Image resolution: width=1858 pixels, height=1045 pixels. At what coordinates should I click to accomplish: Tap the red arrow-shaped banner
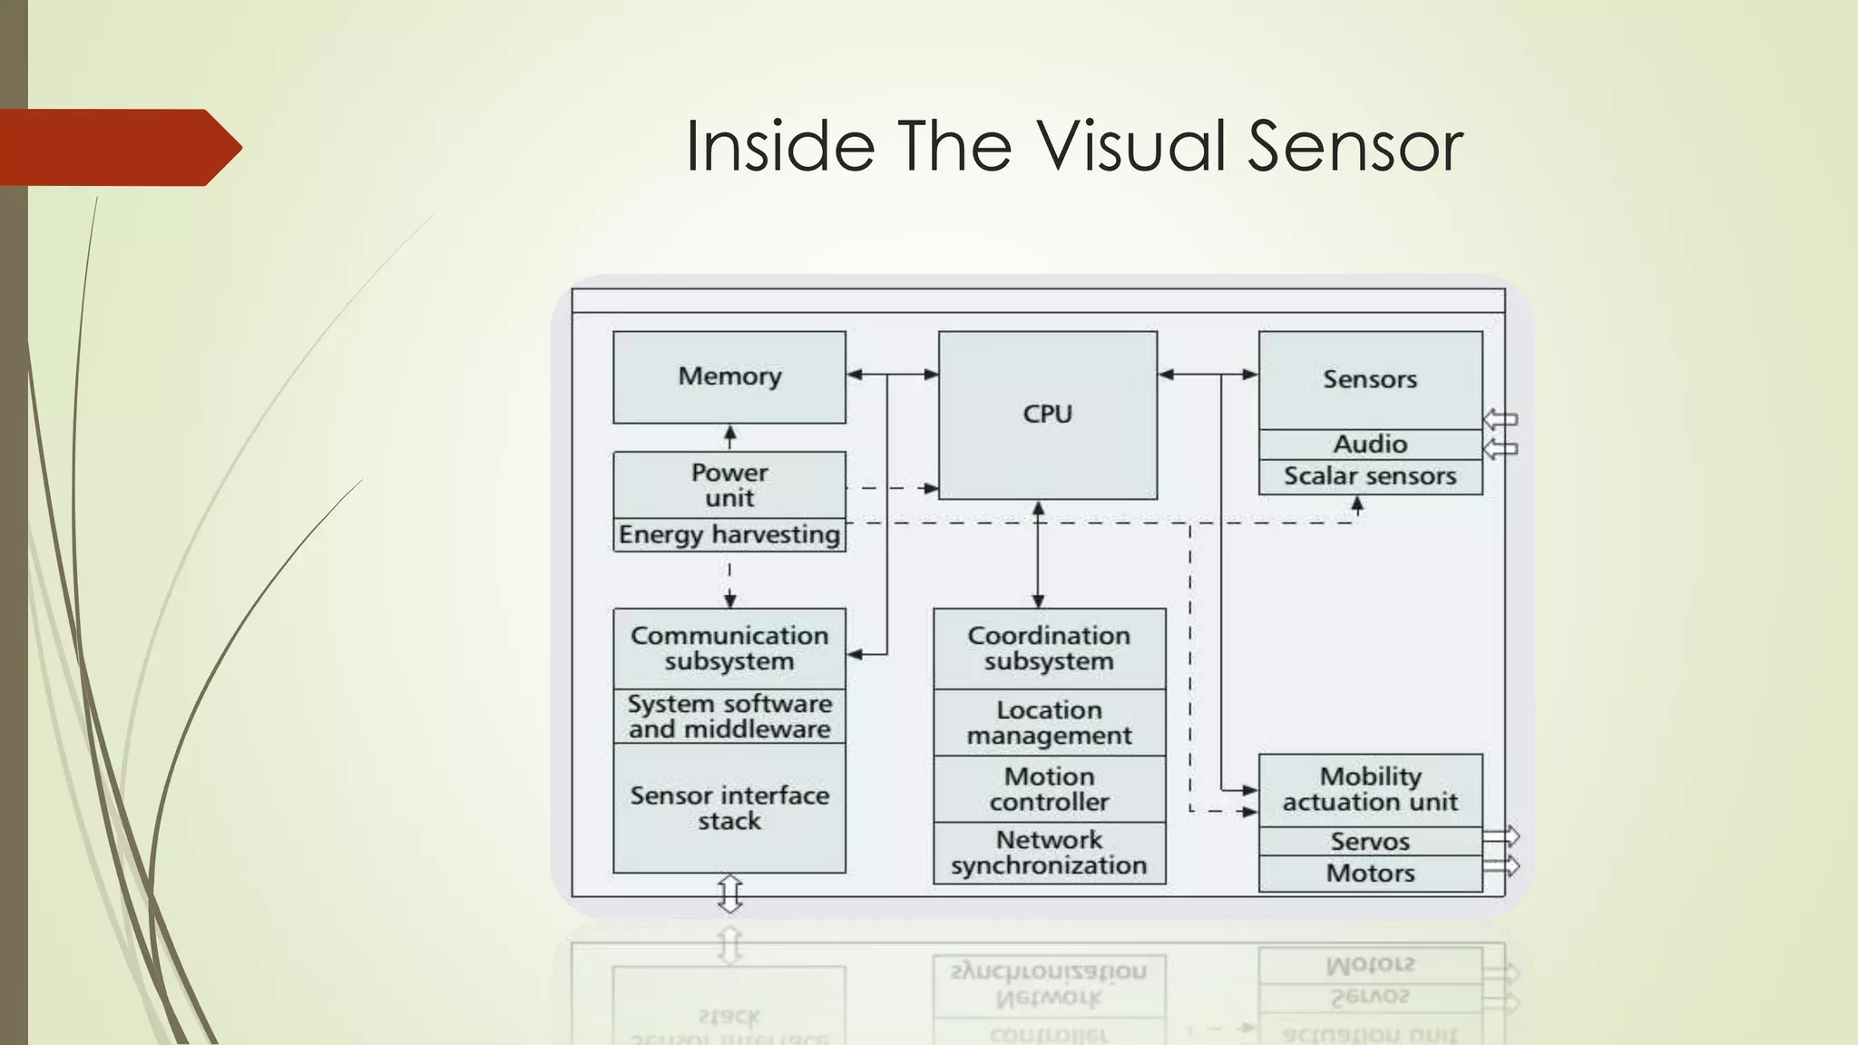pos(118,148)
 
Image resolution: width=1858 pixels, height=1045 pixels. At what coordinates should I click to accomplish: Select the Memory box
pos(729,376)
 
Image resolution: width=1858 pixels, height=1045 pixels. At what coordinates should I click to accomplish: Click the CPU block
pos(1048,415)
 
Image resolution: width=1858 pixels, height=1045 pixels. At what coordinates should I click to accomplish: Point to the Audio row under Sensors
pos(1370,444)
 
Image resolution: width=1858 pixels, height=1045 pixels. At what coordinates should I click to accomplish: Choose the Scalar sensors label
pos(1370,476)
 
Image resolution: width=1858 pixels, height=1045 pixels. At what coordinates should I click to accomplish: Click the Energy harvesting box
pos(729,534)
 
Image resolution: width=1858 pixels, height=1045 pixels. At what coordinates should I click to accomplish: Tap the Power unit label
pos(729,485)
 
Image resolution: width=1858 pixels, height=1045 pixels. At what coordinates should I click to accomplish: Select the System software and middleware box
pos(729,717)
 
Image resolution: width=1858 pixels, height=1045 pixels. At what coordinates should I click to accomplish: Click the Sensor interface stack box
pos(729,808)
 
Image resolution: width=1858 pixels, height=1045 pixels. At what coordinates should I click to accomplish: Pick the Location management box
pos(1049,723)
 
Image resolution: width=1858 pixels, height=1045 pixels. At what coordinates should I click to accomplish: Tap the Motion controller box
pos(1049,789)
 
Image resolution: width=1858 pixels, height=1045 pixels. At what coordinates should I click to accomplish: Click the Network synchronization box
pos(1049,853)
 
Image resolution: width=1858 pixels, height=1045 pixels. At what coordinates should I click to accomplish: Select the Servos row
pos(1370,842)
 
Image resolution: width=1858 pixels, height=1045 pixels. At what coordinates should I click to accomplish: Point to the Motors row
pos(1370,874)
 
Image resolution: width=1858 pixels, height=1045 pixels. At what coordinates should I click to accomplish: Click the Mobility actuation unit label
pos(1370,789)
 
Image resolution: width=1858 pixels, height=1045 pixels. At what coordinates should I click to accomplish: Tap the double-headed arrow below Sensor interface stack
pos(730,894)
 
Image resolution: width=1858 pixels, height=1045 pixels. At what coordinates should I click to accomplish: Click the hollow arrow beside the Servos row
pos(1501,835)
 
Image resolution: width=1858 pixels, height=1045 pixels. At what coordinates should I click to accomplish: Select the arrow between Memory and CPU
pos(892,374)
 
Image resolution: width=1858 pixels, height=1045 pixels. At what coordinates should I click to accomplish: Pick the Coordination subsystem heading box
pos(1049,649)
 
